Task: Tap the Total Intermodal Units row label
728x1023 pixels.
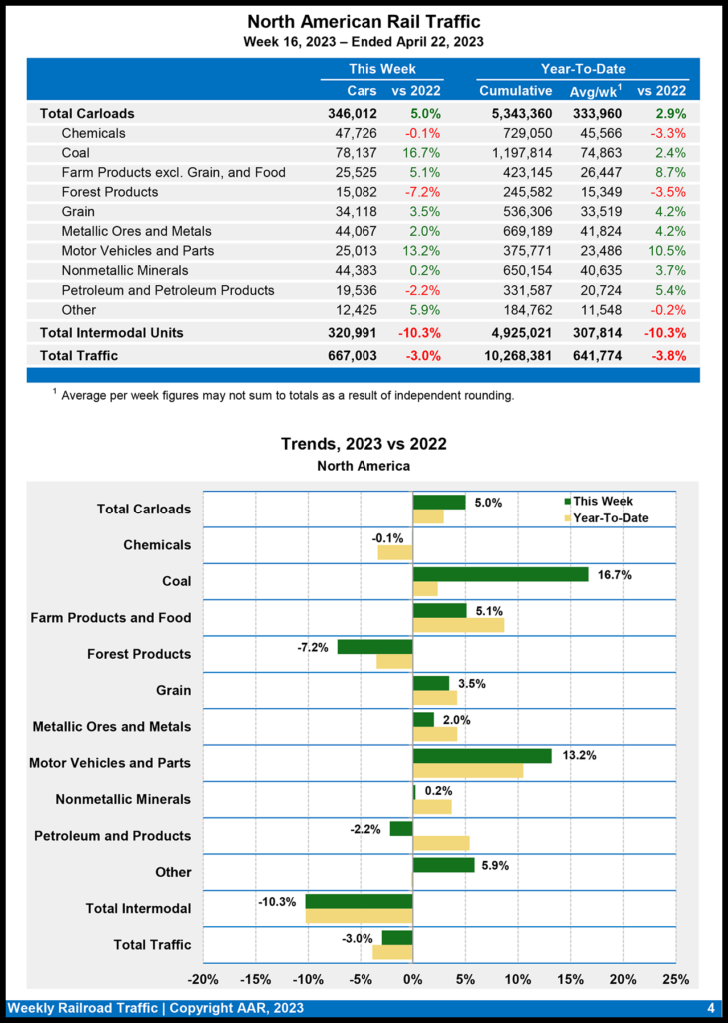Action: tap(111, 332)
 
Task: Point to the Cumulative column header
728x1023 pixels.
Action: tap(516, 91)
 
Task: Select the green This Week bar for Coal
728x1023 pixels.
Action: tap(500, 574)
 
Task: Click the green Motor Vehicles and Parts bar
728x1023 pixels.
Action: tap(482, 756)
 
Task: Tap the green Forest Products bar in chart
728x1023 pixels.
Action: tap(374, 647)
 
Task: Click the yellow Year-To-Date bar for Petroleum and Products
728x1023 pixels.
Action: tap(441, 843)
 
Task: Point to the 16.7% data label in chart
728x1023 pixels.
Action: tap(614, 575)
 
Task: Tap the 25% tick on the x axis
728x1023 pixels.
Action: tap(675, 978)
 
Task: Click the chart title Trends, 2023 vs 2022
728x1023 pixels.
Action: tap(364, 444)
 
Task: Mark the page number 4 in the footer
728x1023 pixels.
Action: tap(711, 1008)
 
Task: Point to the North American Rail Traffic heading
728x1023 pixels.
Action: tap(364, 21)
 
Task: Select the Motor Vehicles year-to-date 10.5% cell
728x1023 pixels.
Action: tap(669, 251)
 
